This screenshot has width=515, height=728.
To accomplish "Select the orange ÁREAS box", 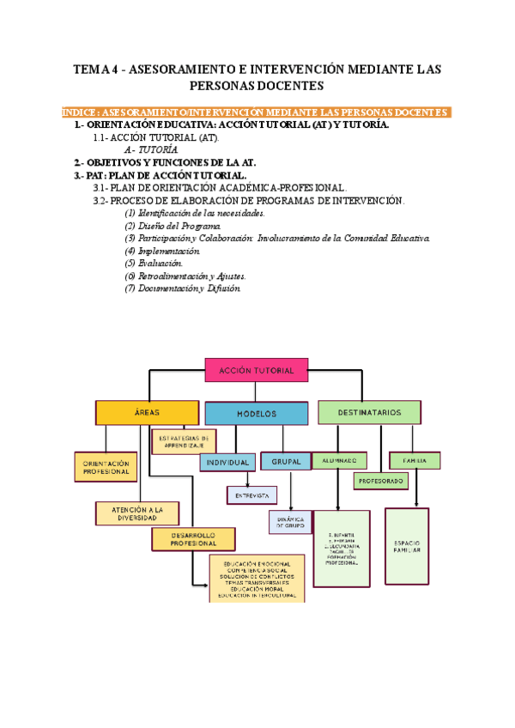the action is coord(141,413).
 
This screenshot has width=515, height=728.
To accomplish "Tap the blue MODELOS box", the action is coord(256,413).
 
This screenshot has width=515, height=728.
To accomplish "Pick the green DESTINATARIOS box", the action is coord(369,412).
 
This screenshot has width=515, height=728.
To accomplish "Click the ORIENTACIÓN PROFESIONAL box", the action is coord(106,466).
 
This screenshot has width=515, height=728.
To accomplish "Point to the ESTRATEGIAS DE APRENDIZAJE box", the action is coord(181,441).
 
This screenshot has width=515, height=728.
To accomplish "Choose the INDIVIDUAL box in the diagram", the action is coord(227,462).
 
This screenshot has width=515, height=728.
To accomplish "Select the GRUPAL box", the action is coord(285,461).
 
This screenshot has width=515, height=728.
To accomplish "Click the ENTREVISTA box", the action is coord(251,495).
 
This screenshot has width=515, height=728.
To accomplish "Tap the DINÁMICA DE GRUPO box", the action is coord(290,521).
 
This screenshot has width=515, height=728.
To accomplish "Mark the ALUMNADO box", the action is coord(339,460).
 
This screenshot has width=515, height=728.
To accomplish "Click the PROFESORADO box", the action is coord(380,481).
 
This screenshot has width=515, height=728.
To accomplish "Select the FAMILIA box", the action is coord(415,460).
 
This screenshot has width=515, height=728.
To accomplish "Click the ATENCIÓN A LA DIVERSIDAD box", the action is coord(136,513).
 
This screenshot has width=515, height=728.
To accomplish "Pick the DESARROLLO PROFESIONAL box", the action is coord(193,539).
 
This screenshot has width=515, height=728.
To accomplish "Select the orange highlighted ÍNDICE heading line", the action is coord(257,112).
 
